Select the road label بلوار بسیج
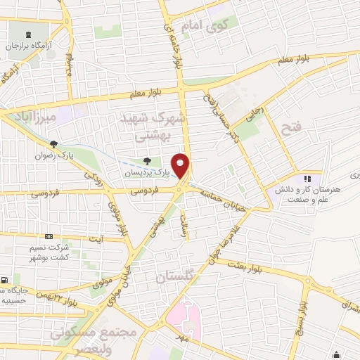(302, 309)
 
